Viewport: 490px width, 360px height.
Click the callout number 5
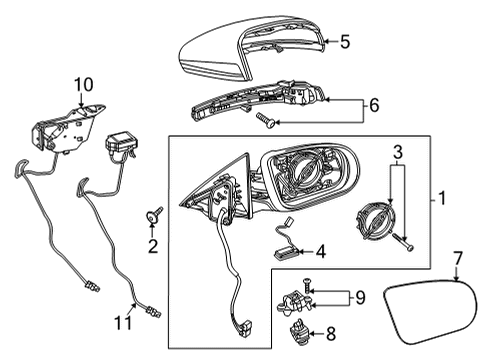pos(345,42)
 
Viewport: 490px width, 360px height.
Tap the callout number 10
pos(83,85)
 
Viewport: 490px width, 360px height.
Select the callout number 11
pos(123,322)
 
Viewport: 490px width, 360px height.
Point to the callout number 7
pos(458,258)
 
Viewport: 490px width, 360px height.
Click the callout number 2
pos(153,246)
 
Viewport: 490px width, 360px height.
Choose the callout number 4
pos(320,251)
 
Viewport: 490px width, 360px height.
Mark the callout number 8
pos(331,334)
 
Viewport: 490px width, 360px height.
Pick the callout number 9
pos(360,297)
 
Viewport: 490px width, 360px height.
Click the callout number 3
pos(398,152)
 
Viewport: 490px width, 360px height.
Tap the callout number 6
pos(374,105)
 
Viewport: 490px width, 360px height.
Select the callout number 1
pos(442,198)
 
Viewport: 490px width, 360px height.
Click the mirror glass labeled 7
pos(430,312)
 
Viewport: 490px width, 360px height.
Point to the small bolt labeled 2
pos(155,215)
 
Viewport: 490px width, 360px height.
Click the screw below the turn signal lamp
pos(265,119)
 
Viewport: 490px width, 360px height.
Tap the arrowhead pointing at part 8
pos(312,333)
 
